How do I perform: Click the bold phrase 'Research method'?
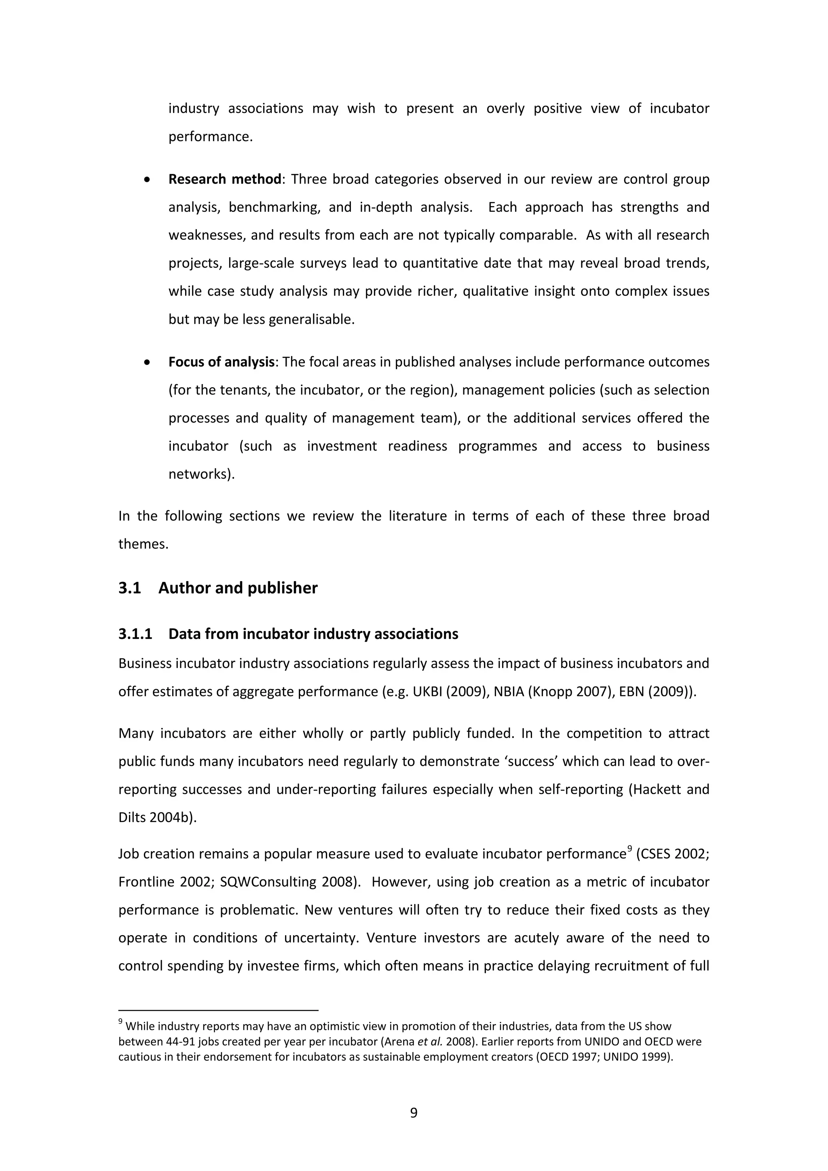tap(224, 179)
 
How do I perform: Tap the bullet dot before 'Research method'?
tap(147, 180)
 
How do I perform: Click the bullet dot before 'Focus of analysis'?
tap(147, 363)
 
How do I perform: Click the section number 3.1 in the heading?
tap(129, 588)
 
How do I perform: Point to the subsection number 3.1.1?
tap(135, 634)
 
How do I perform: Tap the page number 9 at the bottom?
tap(414, 1112)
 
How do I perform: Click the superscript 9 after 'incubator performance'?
tap(629, 849)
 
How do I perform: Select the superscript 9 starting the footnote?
tap(120, 1021)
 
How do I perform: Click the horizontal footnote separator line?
tap(218, 1010)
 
